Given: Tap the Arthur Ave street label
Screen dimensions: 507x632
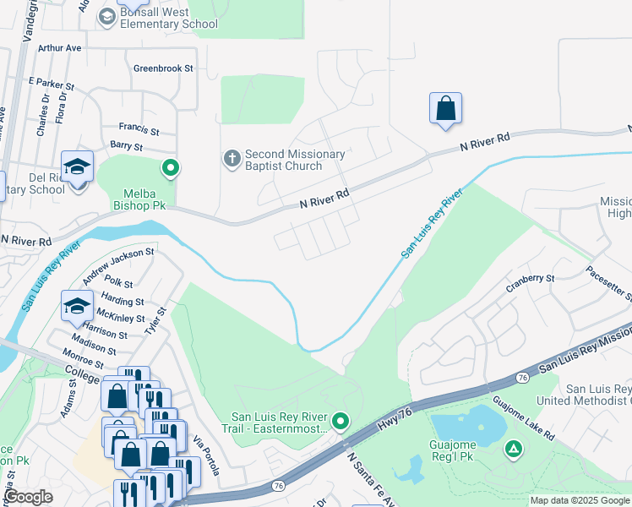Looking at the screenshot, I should point(59,48).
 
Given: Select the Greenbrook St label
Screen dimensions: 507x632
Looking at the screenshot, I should point(163,68).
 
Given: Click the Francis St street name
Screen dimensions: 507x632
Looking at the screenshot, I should point(139,131).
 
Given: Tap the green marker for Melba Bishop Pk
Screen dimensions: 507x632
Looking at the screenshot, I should point(171,168).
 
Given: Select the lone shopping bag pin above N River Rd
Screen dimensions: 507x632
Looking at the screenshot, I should point(445,109).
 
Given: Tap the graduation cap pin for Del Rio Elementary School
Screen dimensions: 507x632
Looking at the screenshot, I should point(77,168).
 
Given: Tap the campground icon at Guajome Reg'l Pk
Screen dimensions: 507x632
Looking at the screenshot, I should point(513,449).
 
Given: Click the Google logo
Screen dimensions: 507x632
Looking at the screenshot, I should point(28,497).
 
